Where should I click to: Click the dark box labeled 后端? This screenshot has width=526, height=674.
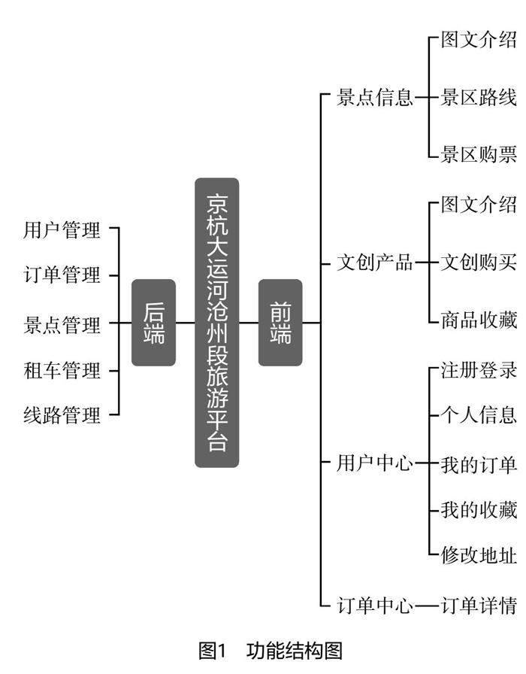pos(153,323)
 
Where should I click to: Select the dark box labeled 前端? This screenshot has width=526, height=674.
pos(280,323)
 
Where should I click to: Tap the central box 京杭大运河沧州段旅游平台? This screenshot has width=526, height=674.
pos(216,323)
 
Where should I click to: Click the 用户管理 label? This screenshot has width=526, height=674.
pos(62,230)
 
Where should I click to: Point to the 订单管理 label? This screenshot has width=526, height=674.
pos(62,275)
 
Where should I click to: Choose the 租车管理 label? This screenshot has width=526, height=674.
pos(62,370)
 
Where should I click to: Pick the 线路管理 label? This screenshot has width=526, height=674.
pos(62,414)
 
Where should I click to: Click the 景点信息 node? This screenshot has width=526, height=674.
pos(375,98)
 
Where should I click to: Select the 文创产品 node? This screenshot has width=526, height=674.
pos(375,263)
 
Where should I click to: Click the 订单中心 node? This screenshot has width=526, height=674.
pos(375,605)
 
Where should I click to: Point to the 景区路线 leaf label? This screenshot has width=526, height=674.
pos(479,98)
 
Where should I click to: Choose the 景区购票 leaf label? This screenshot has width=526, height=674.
pos(479,155)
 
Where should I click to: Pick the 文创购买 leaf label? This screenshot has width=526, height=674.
pos(479,263)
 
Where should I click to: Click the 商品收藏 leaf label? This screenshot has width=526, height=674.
pos(479,320)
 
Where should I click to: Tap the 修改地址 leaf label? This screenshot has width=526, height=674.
pos(479,557)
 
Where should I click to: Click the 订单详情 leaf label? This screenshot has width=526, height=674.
pos(479,605)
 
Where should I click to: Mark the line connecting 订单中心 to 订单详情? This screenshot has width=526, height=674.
pos(427,605)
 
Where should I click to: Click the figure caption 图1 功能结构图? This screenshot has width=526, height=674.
pos(271,651)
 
